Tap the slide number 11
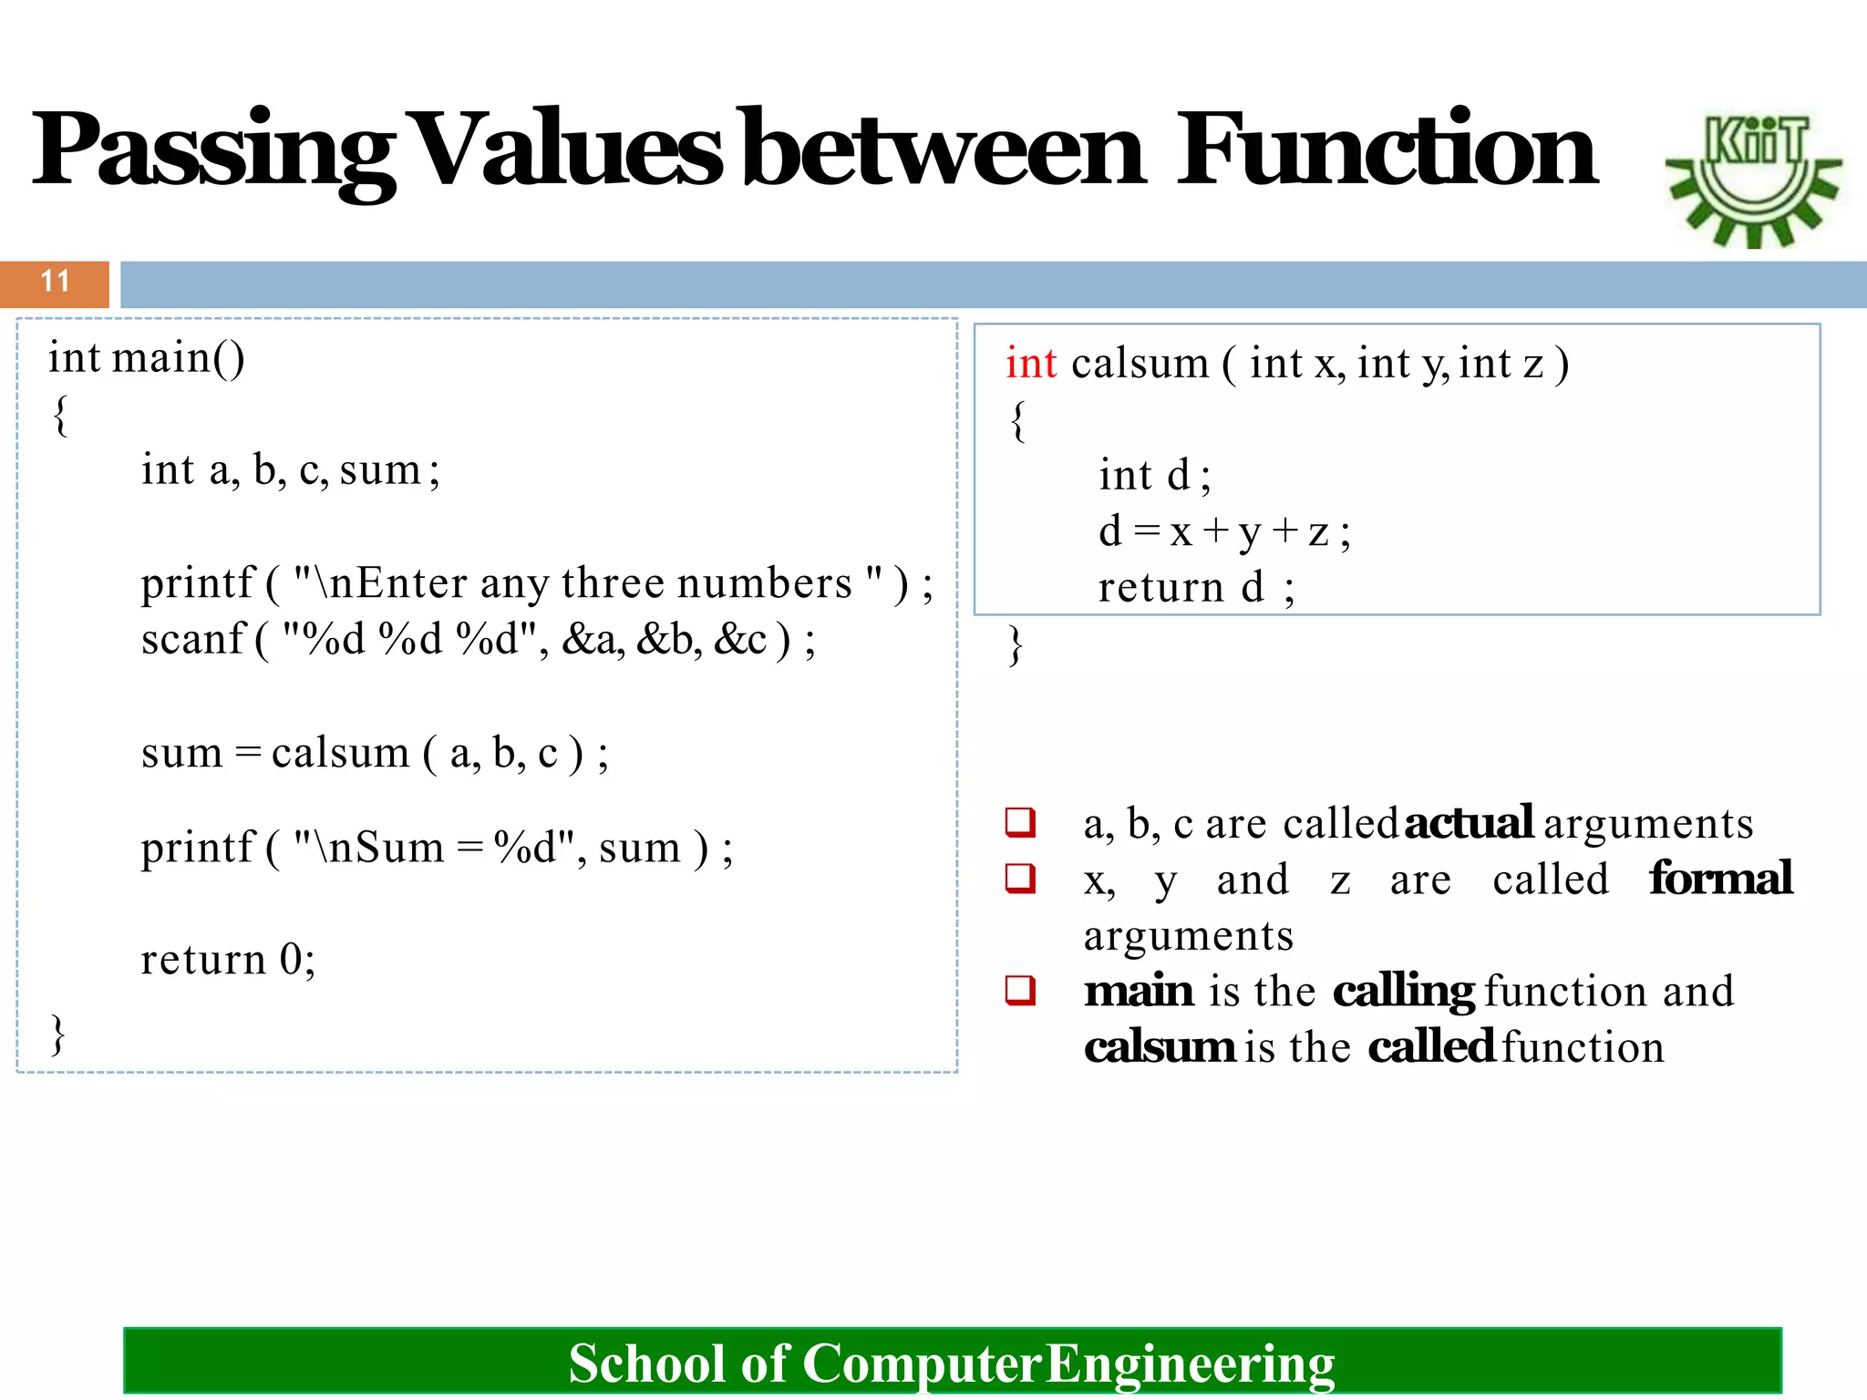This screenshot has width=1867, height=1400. pyautogui.click(x=55, y=282)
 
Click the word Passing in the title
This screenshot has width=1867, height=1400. pyautogui.click(x=214, y=150)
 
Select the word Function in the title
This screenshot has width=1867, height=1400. pyautogui.click(x=1386, y=150)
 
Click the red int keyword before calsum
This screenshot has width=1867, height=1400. pyautogui.click(x=1030, y=364)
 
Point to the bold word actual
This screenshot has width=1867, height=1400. pyautogui.click(x=1469, y=823)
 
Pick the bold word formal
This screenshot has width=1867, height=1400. pyautogui.click(x=1720, y=879)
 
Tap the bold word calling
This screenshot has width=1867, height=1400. pyautogui.click(x=1403, y=992)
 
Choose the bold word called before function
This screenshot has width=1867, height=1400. pyautogui.click(x=1431, y=1047)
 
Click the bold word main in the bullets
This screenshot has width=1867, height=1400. pyautogui.click(x=1139, y=992)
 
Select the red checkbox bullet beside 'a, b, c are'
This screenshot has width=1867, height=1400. pyautogui.click(x=1020, y=822)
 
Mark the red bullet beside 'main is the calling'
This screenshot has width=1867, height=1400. pyautogui.click(x=1020, y=990)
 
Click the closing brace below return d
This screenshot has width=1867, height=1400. pyautogui.click(x=1016, y=645)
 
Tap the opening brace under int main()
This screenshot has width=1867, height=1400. pyautogui.click(x=60, y=416)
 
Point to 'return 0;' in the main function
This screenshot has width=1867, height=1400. pyautogui.click(x=228, y=960)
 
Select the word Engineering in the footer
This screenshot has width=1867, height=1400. pyautogui.click(x=1190, y=1364)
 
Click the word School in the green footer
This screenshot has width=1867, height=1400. pyautogui.click(x=647, y=1364)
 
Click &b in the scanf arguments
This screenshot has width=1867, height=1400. pyautogui.click(x=668, y=639)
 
